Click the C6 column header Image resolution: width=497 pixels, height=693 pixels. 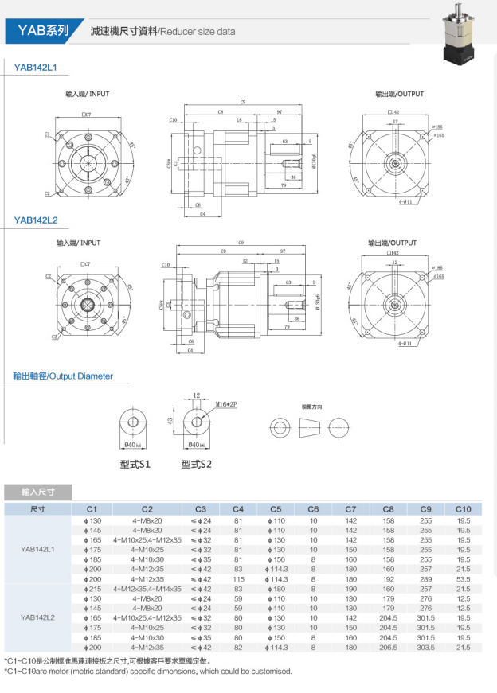(x=313, y=508)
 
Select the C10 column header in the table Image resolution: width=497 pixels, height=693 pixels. (x=464, y=508)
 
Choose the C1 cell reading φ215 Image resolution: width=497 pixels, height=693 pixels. (x=92, y=589)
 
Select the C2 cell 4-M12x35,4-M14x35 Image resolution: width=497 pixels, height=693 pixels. (x=147, y=589)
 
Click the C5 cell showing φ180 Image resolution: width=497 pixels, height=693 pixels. (x=276, y=589)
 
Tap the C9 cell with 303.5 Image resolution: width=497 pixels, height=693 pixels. (x=426, y=648)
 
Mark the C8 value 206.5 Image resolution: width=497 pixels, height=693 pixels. (x=389, y=648)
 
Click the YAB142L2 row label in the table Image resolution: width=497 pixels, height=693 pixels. (x=37, y=617)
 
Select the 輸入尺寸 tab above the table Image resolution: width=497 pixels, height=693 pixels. (x=37, y=492)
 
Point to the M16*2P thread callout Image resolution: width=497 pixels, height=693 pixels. (x=226, y=404)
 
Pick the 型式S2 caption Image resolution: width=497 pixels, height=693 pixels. (x=196, y=463)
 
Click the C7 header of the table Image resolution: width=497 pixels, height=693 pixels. (x=350, y=508)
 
